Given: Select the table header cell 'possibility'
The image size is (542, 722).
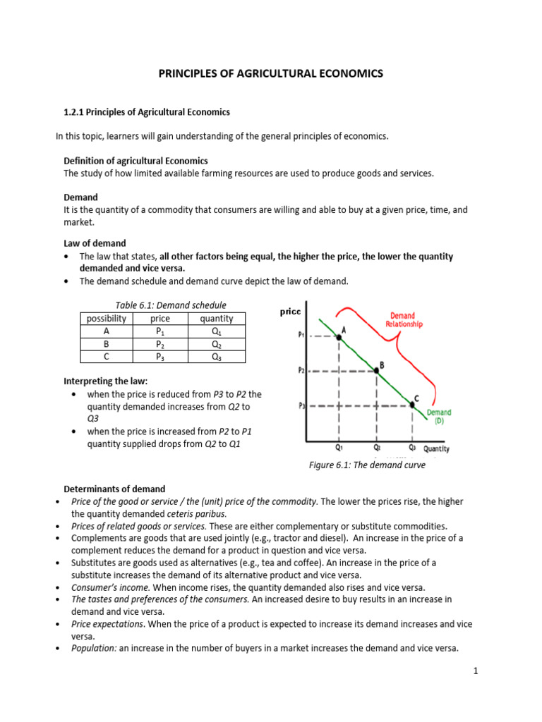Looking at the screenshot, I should [x=106, y=319].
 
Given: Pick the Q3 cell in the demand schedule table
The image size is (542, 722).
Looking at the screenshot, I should [x=216, y=357].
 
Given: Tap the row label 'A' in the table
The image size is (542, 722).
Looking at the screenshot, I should [x=106, y=331].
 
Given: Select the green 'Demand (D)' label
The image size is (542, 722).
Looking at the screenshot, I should [x=439, y=417].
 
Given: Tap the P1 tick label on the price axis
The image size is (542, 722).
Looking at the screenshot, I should [x=301, y=336].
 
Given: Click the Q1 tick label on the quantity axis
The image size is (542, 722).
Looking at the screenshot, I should [x=339, y=447].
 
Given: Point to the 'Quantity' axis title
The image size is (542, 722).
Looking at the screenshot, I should [x=436, y=448].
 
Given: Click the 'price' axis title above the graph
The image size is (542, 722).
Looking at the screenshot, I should [x=290, y=311].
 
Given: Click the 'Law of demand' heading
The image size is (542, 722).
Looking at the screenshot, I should [x=95, y=243].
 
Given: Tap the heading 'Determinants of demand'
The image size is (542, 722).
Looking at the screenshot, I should [x=114, y=489].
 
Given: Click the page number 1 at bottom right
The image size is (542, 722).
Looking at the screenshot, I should [x=476, y=671].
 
